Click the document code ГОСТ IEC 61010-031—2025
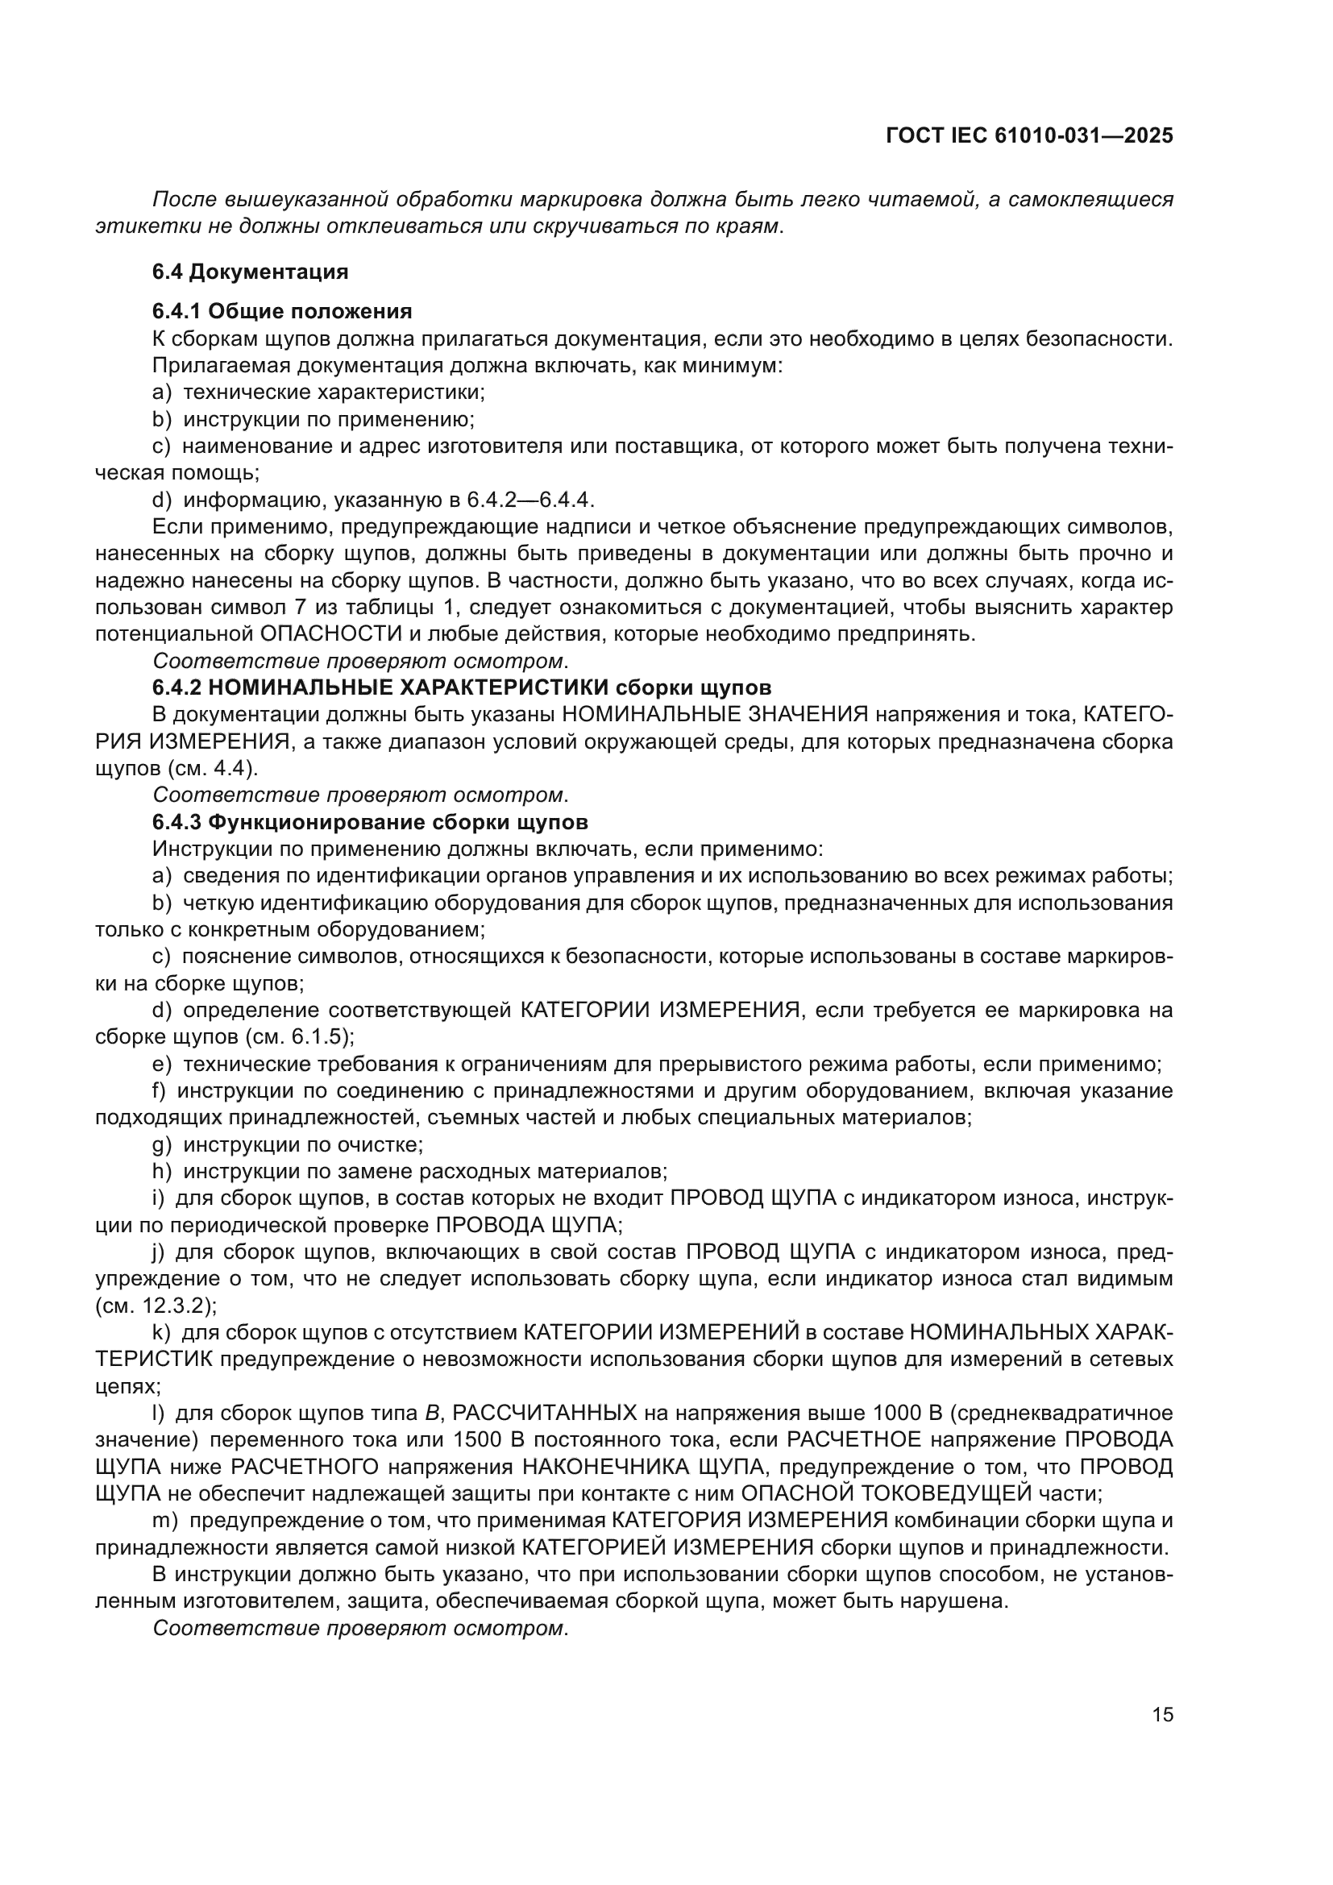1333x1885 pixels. point(1029,136)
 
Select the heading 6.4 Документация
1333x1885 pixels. point(251,272)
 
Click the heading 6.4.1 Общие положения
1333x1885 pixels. point(281,311)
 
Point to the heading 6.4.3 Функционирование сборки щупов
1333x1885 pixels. point(369,822)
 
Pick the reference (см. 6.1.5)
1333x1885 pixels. point(300,1037)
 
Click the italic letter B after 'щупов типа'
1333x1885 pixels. point(432,1413)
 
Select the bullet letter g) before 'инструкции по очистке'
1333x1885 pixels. point(161,1144)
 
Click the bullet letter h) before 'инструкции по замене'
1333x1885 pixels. point(161,1171)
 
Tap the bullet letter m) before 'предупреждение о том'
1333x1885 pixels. point(164,1521)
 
